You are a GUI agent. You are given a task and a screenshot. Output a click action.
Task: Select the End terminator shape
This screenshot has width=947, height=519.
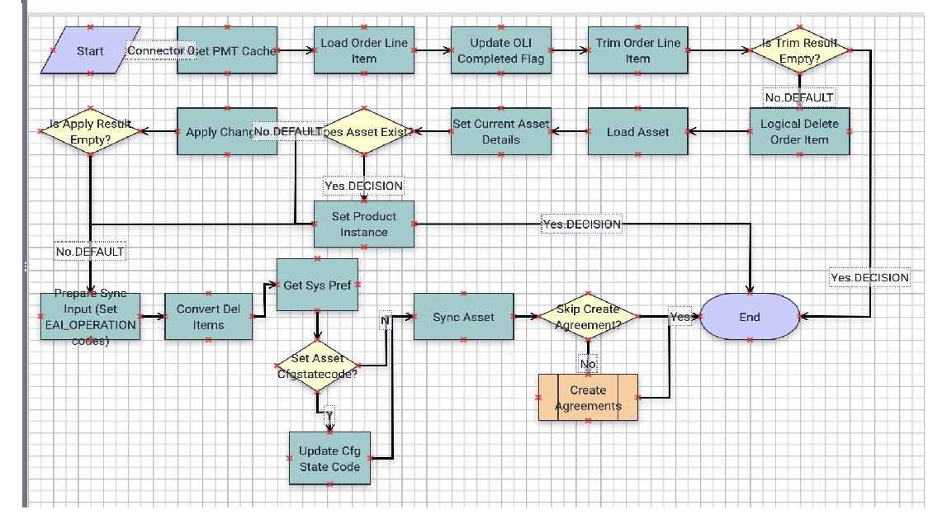point(750,317)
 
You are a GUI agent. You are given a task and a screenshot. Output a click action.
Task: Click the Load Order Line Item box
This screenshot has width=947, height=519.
point(363,50)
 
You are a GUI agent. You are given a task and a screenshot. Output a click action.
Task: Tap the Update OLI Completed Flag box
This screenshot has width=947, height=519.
point(501,50)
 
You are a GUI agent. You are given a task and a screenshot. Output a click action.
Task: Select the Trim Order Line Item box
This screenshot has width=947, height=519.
point(637,50)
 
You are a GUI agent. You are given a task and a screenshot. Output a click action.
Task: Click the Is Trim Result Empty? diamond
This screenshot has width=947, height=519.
point(799,50)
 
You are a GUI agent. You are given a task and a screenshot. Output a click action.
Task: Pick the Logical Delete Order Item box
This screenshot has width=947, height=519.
point(799,132)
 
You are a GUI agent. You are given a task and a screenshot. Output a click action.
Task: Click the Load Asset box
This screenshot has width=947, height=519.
point(637,132)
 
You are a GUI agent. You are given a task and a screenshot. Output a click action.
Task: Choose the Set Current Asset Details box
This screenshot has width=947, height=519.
point(501,132)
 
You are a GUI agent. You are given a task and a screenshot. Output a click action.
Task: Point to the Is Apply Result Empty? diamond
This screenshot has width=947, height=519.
point(91,132)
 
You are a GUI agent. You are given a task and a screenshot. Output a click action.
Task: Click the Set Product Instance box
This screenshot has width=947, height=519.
point(363,224)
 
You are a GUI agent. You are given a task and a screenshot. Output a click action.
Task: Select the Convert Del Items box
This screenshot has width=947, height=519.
point(208,317)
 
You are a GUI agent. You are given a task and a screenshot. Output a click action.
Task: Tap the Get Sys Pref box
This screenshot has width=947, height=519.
point(317,285)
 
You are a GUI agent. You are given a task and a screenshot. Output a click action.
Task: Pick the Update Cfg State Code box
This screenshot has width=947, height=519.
point(329,458)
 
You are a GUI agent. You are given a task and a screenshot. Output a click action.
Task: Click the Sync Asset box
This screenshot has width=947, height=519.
point(463,317)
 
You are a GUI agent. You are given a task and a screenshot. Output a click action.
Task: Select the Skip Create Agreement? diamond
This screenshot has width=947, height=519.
point(587,317)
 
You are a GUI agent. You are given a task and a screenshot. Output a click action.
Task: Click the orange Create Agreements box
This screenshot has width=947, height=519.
point(588,398)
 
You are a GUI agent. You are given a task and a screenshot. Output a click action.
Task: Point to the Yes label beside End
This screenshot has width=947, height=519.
point(679,317)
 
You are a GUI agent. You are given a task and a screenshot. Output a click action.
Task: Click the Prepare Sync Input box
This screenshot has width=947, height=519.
point(90,317)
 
